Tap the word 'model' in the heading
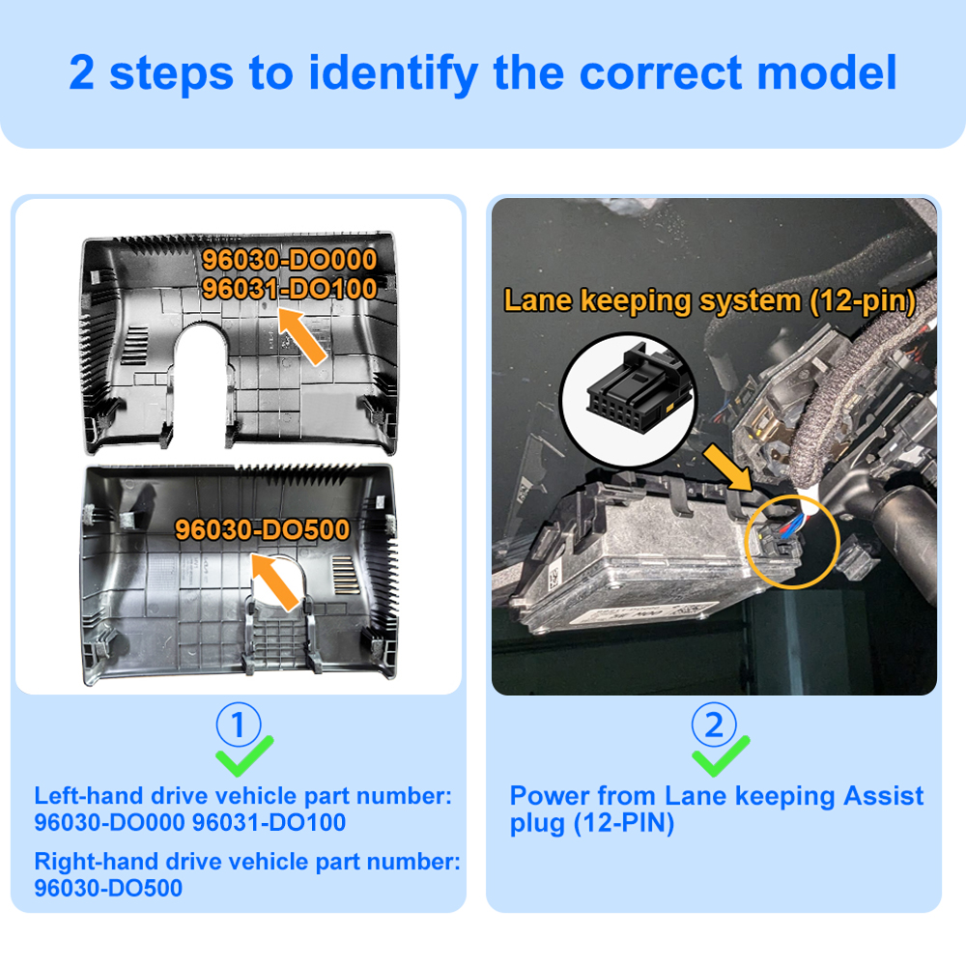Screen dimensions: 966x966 (826, 72)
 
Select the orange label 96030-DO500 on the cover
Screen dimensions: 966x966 (263, 529)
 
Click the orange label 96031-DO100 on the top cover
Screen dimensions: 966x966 (290, 288)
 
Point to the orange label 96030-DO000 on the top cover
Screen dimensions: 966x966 (290, 259)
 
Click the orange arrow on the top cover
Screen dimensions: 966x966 (301, 336)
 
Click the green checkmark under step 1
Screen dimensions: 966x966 (243, 756)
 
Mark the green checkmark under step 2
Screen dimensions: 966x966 (720, 756)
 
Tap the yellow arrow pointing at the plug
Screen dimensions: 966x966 (727, 469)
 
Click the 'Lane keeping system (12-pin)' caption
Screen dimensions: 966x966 (710, 301)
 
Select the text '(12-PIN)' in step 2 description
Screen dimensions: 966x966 (624, 823)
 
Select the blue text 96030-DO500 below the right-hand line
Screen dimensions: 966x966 (108, 889)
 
